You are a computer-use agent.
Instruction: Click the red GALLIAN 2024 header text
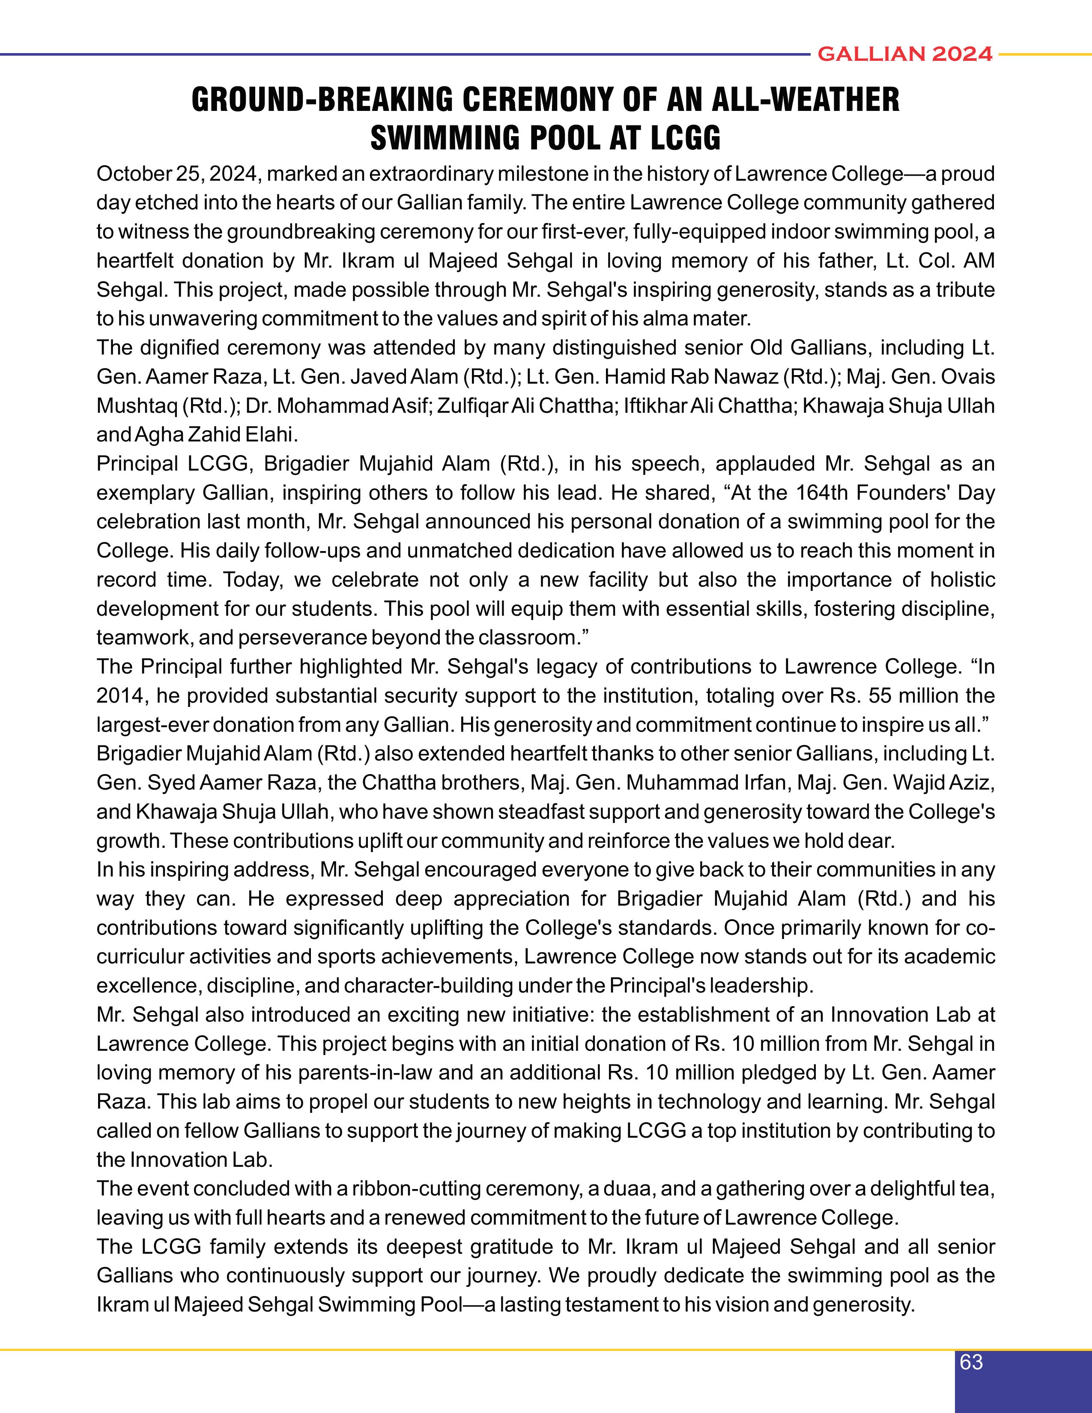[905, 54]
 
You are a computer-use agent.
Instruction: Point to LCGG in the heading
[685, 138]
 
